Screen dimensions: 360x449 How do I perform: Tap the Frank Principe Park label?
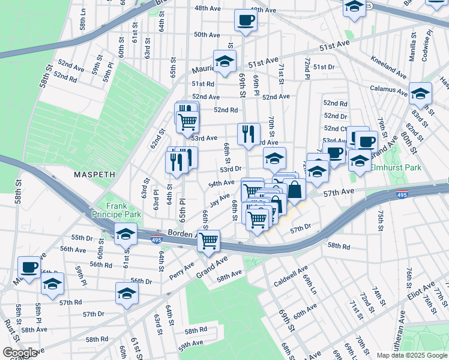tap(116, 209)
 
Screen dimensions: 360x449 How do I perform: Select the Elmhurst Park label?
tap(396, 168)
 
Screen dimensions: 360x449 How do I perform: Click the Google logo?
tap(19, 353)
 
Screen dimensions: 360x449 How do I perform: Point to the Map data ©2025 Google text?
tap(412, 355)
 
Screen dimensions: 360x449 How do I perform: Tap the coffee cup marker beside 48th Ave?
tap(245, 21)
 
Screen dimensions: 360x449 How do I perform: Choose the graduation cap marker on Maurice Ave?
tap(224, 62)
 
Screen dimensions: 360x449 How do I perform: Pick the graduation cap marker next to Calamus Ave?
tap(421, 94)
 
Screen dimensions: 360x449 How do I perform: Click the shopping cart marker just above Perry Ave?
tap(208, 241)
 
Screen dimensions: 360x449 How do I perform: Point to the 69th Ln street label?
tap(309, 284)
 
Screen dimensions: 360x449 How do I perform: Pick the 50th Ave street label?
tap(206, 35)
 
